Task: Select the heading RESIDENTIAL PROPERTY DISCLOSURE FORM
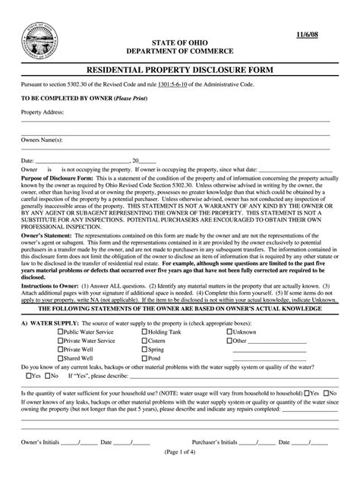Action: pos(179,70)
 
